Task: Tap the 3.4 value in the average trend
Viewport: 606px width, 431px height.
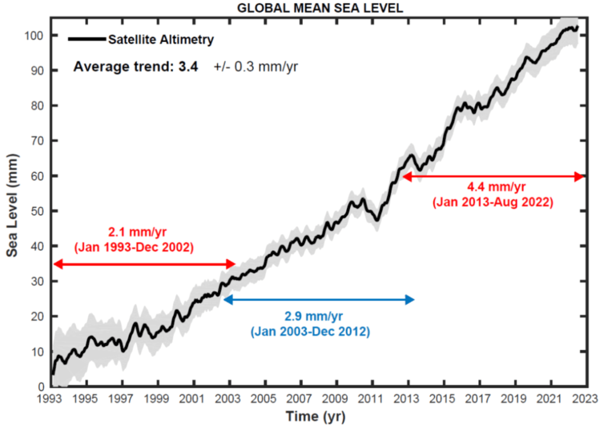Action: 188,66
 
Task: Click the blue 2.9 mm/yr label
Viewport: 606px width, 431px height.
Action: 310,317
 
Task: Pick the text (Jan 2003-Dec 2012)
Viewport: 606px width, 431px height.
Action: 310,331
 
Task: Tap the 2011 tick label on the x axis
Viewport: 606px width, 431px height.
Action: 372,398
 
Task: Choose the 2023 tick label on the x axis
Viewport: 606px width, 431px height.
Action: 585,398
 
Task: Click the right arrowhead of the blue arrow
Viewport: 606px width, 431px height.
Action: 410,300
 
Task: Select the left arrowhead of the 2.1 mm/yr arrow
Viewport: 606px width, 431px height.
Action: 57,264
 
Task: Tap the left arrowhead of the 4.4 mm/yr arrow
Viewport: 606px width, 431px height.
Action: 406,176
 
